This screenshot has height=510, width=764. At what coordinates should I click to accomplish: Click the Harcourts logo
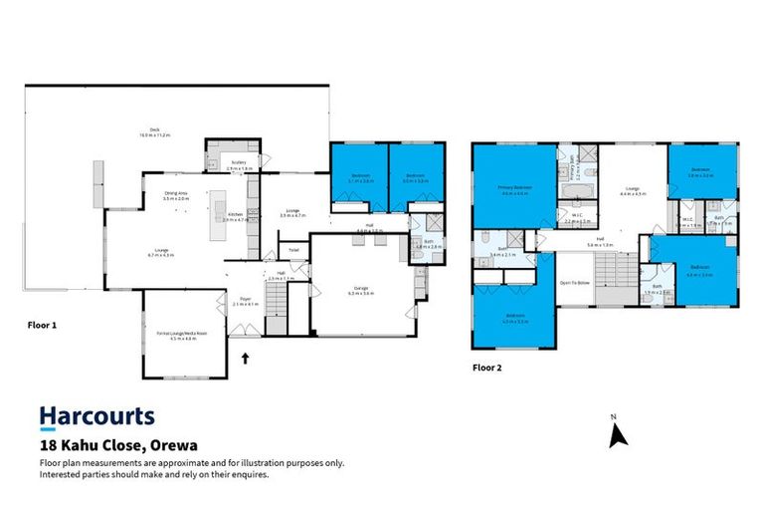coord(96,416)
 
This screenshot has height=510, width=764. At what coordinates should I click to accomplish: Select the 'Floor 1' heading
coord(41,324)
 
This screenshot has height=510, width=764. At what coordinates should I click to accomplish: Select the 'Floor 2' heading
coord(487,367)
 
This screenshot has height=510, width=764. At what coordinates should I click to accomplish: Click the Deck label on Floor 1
coord(154,130)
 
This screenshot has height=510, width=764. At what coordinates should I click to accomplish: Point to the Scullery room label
coord(239,163)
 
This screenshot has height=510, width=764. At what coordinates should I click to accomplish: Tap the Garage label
coord(360,290)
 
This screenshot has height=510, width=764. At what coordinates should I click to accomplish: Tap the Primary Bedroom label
coord(514,190)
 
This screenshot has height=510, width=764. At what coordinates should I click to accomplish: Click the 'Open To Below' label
coord(576,282)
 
